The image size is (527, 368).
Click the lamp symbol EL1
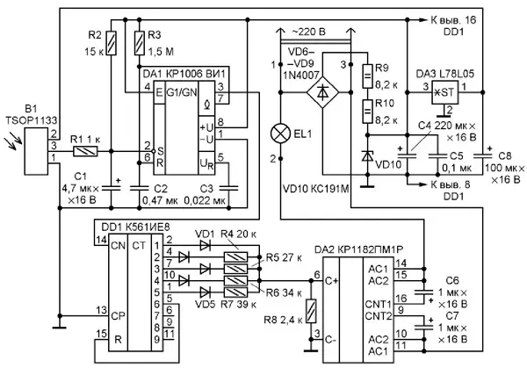click(280, 133)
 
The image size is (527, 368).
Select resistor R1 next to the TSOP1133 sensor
click(85, 151)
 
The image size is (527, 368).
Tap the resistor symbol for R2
click(112, 43)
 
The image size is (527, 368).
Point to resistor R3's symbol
click(140, 43)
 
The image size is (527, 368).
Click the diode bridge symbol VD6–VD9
click(322, 91)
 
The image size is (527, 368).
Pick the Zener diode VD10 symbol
click(367, 156)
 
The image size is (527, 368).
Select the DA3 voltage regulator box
click(445, 92)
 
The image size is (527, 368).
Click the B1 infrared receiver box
click(37, 151)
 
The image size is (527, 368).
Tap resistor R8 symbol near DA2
click(311, 311)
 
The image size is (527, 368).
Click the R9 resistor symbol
click(367, 76)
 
